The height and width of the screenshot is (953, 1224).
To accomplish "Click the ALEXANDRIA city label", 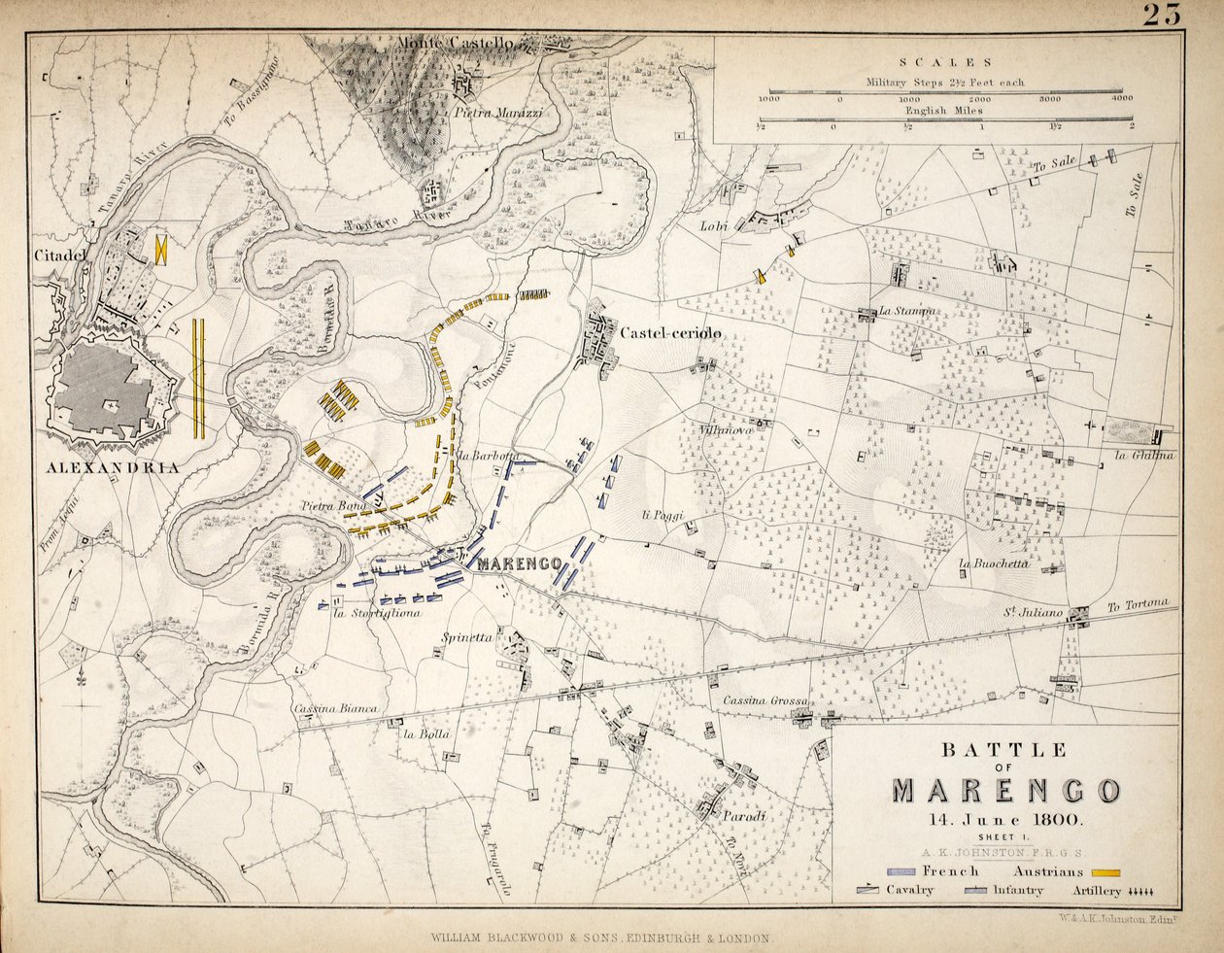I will tap(113, 467).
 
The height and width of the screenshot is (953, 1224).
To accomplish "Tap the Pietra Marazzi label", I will tap(498, 113).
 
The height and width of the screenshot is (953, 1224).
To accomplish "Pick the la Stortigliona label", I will tap(376, 613).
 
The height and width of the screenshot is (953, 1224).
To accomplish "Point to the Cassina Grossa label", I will tap(765, 700).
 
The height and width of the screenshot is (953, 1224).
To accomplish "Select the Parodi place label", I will tap(744, 817).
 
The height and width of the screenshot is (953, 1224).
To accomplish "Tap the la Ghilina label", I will tap(1144, 456).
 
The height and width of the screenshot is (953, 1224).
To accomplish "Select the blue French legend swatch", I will tap(903, 871).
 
